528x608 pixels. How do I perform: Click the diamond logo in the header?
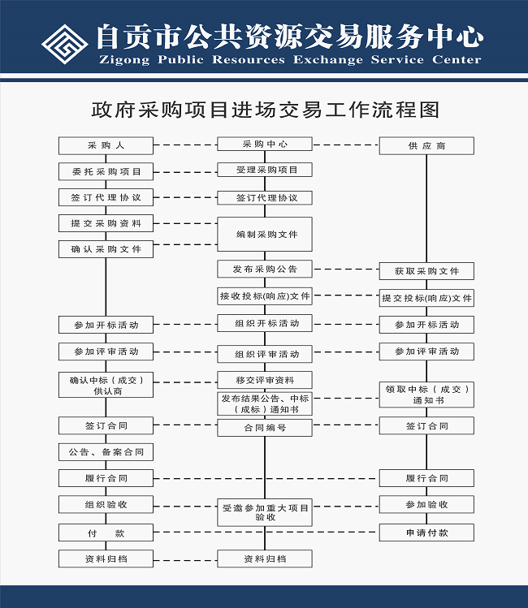[65, 40]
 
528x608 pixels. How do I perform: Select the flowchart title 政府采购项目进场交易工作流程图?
[265, 110]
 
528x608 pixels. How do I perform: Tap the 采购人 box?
[106, 146]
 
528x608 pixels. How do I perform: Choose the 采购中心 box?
[265, 144]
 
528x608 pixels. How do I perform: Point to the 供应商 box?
[426, 146]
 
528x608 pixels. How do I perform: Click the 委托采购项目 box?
[106, 171]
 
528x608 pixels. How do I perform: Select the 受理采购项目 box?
[265, 170]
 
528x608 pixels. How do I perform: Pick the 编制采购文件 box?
[265, 235]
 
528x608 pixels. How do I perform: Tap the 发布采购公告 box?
[265, 269]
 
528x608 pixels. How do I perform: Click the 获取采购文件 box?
[426, 271]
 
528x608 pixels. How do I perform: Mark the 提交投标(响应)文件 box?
[426, 298]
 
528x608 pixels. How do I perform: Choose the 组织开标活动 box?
[265, 323]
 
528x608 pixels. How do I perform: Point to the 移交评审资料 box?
[265, 380]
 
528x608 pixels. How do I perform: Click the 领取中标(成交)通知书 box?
[426, 395]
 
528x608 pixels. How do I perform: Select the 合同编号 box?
[265, 428]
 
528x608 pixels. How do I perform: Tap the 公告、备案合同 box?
[106, 451]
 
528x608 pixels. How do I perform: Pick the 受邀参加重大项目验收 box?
[265, 512]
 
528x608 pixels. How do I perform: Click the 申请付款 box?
[426, 533]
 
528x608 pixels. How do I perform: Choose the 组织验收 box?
[106, 504]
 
